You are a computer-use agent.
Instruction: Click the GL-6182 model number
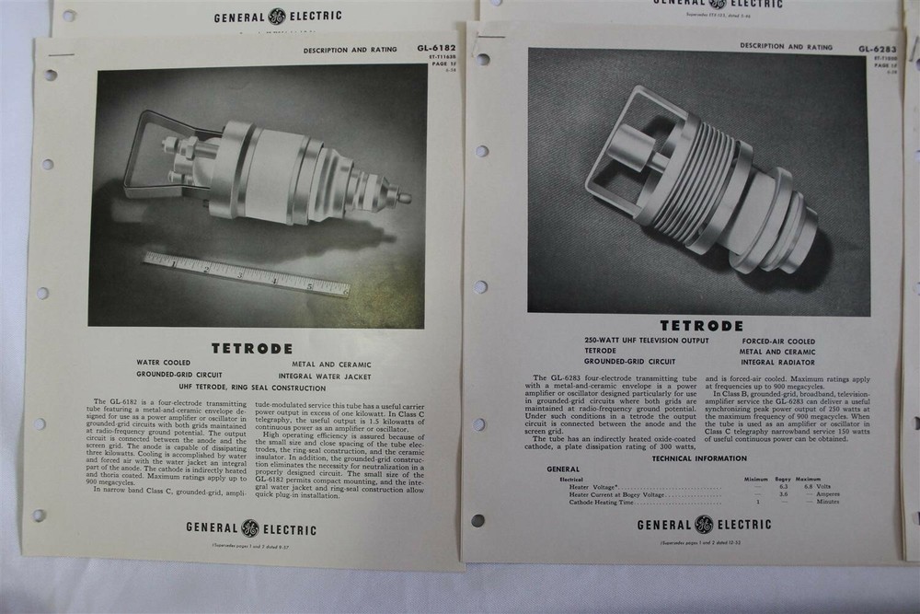tap(436, 49)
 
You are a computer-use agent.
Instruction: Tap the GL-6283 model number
tap(878, 49)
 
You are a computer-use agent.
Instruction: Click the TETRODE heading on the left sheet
tap(252, 349)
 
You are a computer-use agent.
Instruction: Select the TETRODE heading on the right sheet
tap(701, 326)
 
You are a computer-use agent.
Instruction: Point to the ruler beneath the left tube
tap(246, 274)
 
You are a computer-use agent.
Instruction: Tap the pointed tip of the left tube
tap(404, 197)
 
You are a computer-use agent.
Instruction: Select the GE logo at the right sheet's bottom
tap(704, 525)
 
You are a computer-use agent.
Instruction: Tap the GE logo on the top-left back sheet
tap(277, 16)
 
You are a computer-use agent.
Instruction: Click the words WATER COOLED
tap(164, 363)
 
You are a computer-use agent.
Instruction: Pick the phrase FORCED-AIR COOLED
tap(778, 341)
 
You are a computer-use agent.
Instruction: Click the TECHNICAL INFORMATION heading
tap(699, 458)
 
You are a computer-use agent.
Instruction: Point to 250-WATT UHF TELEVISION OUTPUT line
tap(647, 341)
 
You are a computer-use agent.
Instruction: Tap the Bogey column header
tap(783, 480)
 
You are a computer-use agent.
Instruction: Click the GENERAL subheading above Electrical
tap(563, 469)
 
